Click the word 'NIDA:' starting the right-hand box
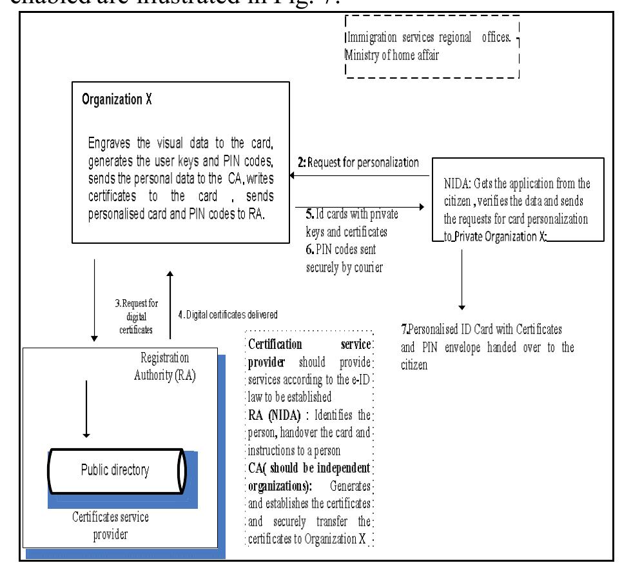(x=456, y=186)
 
